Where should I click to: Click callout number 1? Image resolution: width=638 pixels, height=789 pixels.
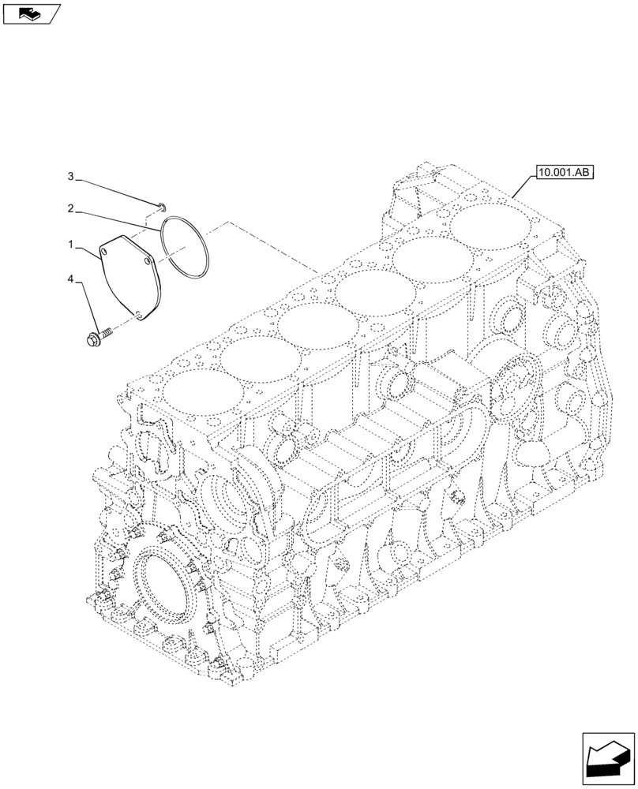70,246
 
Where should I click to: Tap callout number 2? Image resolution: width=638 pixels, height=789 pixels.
70,209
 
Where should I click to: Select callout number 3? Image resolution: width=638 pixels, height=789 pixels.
70,175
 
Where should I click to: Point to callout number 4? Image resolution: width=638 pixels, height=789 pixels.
70,279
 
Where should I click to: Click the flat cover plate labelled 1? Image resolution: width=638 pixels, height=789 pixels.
130,276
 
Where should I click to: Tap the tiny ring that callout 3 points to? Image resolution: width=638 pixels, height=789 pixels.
159,207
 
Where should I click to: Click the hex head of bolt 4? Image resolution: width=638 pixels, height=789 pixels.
92,339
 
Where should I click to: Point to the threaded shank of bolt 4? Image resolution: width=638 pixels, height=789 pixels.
107,333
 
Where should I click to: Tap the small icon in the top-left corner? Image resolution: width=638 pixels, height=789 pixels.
31,13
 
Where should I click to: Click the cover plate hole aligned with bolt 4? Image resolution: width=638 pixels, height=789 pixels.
140,314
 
